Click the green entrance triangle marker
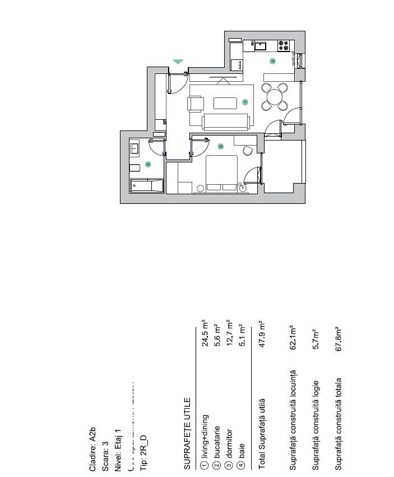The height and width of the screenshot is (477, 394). click(x=178, y=62)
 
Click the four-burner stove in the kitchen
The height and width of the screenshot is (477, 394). click(x=284, y=45)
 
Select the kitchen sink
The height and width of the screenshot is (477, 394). click(x=261, y=45)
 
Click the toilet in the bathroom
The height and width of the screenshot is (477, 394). click(x=135, y=168)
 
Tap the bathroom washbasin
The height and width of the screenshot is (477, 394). click(x=135, y=149)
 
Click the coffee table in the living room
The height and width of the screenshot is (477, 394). click(x=225, y=103)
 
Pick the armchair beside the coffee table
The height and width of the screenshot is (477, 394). click(x=196, y=104)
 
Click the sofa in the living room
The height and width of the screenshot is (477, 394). click(x=226, y=122)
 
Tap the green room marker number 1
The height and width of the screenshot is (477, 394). click(x=244, y=102)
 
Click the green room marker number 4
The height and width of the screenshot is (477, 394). click(x=148, y=164)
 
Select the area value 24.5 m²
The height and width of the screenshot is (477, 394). click(x=205, y=334)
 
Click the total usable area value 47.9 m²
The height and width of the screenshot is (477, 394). click(x=261, y=334)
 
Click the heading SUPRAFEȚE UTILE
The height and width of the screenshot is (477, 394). click(x=188, y=429)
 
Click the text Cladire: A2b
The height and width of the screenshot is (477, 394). click(x=92, y=449)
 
